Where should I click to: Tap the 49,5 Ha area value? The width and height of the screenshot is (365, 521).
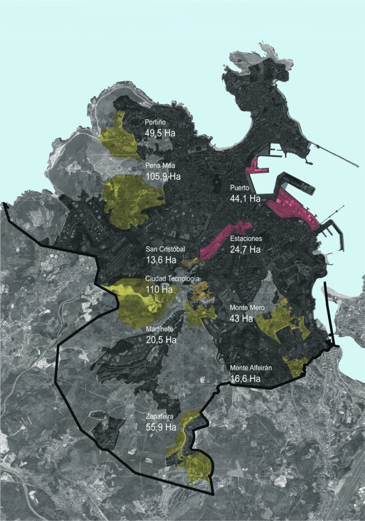click(163, 133)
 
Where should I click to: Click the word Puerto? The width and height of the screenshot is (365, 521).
click(239, 188)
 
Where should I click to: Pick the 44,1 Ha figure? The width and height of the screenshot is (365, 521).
click(245, 198)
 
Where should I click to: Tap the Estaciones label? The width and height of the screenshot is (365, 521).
click(246, 239)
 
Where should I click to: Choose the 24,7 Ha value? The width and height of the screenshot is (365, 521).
click(245, 249)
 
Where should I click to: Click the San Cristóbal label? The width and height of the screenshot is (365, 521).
click(165, 249)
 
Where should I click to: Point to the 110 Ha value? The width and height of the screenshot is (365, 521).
click(159, 289)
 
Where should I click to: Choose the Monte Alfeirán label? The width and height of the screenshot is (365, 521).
click(251, 368)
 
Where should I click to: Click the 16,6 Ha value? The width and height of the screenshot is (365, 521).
click(245, 379)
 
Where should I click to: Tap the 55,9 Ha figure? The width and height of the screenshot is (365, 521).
click(161, 427)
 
